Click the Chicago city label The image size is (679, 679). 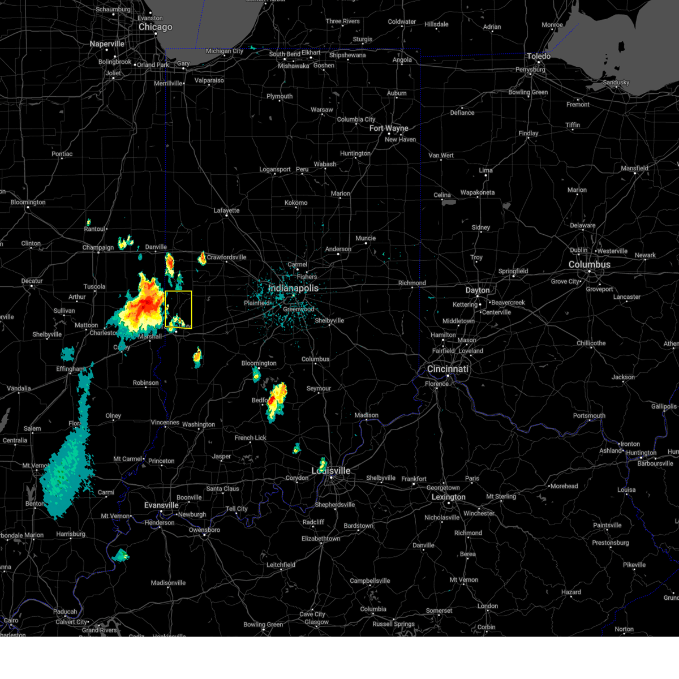[155, 27]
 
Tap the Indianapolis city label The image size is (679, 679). [293, 289]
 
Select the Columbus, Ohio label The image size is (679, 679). [589, 265]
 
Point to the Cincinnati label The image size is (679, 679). [448, 369]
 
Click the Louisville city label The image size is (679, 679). [331, 471]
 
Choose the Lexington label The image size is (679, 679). [448, 497]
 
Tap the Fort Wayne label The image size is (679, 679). [389, 128]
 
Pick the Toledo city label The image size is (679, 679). [538, 57]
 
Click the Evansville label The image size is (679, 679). [161, 505]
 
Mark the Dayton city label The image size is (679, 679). [478, 290]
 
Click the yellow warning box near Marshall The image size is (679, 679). [178, 310]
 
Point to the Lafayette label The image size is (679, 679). [226, 210]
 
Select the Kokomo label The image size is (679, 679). [296, 203]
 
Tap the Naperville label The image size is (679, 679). [107, 44]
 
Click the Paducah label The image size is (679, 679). [65, 612]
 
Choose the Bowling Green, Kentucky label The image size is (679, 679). [263, 625]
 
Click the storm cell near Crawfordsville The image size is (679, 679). [202, 258]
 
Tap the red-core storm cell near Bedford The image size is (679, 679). [276, 399]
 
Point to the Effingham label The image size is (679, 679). [70, 369]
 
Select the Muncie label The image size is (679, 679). [366, 238]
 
